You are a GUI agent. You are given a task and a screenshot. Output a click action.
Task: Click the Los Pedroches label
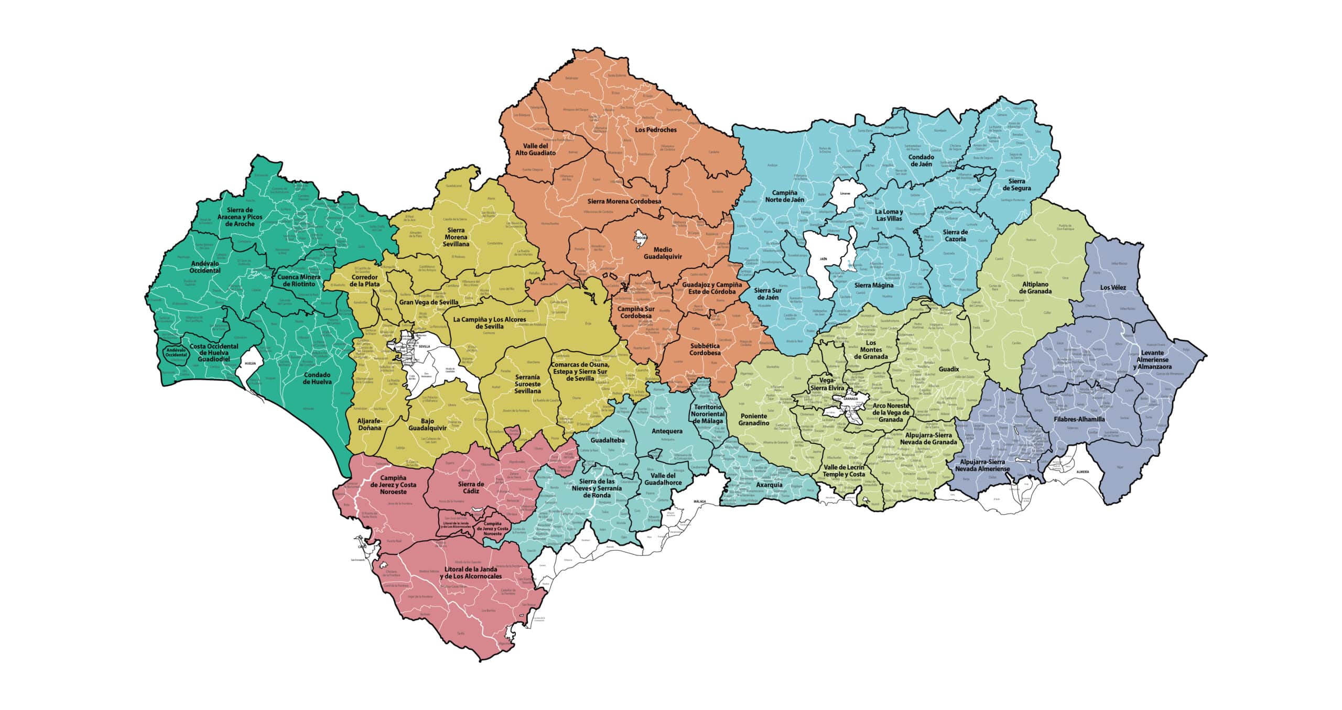pos(655,129)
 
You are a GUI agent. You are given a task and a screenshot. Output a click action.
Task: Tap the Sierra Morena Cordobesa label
pos(624,201)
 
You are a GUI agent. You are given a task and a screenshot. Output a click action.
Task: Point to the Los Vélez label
pos(1112,287)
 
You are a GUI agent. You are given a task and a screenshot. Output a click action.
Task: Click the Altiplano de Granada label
pos(1035,288)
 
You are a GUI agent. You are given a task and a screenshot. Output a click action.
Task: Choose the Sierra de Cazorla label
pos(955,235)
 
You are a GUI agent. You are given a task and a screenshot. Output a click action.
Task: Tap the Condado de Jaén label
pos(921,160)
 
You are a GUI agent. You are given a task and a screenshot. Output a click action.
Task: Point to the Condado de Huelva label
pos(317,378)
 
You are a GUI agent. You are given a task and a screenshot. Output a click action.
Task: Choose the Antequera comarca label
pos(666,431)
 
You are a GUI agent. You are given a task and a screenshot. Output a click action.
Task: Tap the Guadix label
pos(948,369)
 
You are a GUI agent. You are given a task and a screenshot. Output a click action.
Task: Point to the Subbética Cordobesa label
pos(705,349)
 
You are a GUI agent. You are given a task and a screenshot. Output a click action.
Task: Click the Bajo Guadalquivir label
pos(427,424)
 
